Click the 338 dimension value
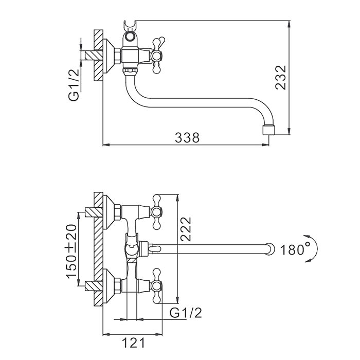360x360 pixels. (x=187, y=138)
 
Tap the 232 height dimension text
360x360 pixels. (x=281, y=77)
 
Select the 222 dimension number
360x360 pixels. (x=186, y=229)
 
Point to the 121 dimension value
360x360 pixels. (x=133, y=343)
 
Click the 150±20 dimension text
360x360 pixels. (x=71, y=251)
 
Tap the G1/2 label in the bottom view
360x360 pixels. (x=186, y=313)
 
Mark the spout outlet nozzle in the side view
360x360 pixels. (x=268, y=130)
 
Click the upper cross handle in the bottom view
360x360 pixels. (x=156, y=212)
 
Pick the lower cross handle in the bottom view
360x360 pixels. (x=156, y=285)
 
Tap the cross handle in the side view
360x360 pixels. (x=156, y=55)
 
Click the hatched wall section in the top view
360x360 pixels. (x=98, y=56)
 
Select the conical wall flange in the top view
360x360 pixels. (x=109, y=56)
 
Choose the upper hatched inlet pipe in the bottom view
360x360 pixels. (x=94, y=212)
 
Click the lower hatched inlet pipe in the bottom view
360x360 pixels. (x=94, y=286)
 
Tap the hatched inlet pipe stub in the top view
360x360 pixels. (x=94, y=56)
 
